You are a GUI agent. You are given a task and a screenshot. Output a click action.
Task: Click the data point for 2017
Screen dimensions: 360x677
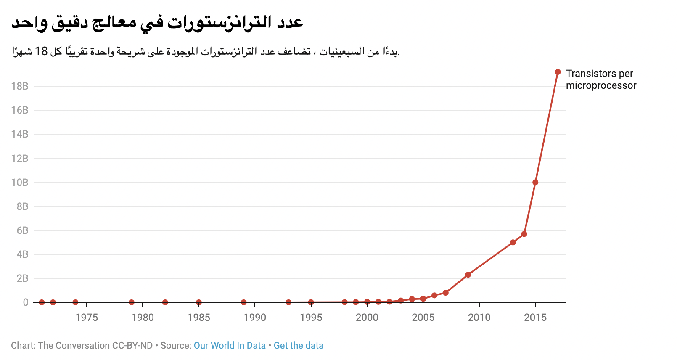pos(558,72)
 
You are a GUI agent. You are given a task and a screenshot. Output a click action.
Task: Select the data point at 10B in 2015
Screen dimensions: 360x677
pos(535,183)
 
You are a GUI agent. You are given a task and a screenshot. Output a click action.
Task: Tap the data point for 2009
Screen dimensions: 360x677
pos(468,275)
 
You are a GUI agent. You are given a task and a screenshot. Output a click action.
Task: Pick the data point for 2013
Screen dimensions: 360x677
pos(513,242)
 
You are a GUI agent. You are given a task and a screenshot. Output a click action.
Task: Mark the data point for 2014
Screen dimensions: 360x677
pos(524,234)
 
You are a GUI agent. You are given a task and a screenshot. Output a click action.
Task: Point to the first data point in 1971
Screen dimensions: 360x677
pos(42,302)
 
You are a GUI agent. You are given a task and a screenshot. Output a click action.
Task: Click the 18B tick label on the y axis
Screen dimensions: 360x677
pos(20,86)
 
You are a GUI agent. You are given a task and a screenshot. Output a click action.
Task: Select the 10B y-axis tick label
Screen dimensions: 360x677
pos(20,183)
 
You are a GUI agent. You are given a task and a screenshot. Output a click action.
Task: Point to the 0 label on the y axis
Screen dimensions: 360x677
pos(26,302)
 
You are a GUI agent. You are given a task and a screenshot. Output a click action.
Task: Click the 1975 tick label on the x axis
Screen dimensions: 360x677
pos(87,318)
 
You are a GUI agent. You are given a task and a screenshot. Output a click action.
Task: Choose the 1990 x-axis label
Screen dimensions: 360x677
pos(255,318)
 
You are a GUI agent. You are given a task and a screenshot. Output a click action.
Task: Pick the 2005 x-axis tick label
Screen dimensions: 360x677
pos(423,318)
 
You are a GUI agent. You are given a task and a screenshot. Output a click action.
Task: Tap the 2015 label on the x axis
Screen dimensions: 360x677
pos(535,318)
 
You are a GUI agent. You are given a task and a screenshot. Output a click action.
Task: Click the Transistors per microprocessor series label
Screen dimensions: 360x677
pos(601,79)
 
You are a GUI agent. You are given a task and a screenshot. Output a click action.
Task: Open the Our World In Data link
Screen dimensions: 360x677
pos(230,346)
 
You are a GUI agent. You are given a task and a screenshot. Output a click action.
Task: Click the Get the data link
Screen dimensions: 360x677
pos(299,346)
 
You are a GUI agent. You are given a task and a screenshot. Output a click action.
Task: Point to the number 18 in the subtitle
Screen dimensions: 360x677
pos(41,51)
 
